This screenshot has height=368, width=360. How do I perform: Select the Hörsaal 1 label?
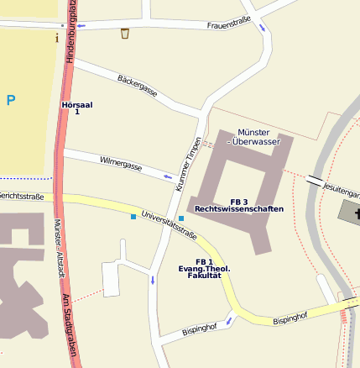point(77,108)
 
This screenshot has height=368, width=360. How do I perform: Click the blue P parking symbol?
point(11,101)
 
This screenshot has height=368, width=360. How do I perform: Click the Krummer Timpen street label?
point(190,162)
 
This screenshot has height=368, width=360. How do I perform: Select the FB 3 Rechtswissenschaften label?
point(238,205)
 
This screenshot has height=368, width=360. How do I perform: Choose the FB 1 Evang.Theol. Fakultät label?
point(204,268)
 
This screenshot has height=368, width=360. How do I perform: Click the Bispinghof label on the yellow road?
point(290,318)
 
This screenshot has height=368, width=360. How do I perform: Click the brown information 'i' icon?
point(57,37)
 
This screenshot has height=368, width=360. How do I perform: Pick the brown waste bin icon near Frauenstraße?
point(125,34)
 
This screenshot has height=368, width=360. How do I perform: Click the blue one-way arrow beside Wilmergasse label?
point(168,177)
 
